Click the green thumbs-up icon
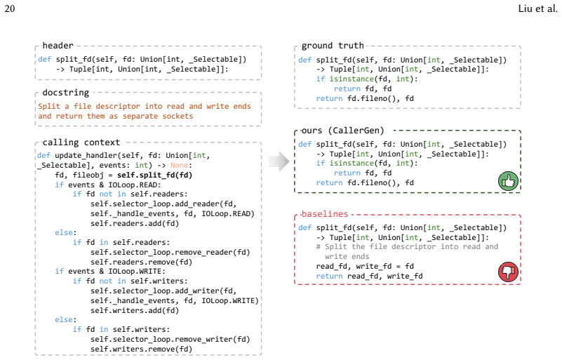(508, 181)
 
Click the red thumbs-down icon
(508, 272)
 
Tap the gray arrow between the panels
(279, 161)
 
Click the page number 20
(10, 8)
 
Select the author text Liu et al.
(537, 8)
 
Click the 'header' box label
(58, 46)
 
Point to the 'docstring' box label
(65, 93)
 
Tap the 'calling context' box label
(81, 142)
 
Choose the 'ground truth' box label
(333, 46)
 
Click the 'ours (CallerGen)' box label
(342, 130)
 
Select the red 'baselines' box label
(325, 214)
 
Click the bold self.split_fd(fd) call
(155, 175)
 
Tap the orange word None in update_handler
(179, 165)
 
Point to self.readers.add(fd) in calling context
(135, 223)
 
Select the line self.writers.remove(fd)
(141, 349)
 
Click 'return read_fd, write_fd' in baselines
(369, 276)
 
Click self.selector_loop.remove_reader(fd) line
(170, 252)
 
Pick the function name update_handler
(86, 155)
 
